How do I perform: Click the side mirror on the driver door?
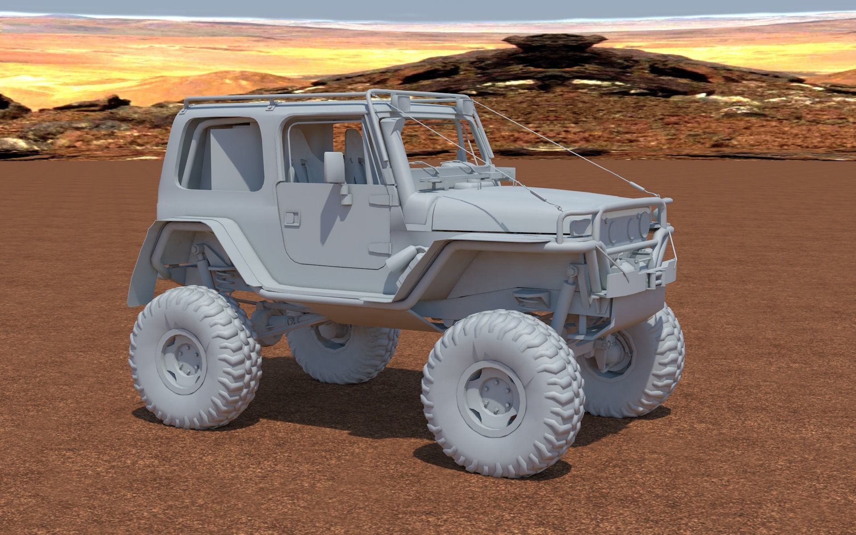pos(334,167)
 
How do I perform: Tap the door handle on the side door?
pos(292,217)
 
